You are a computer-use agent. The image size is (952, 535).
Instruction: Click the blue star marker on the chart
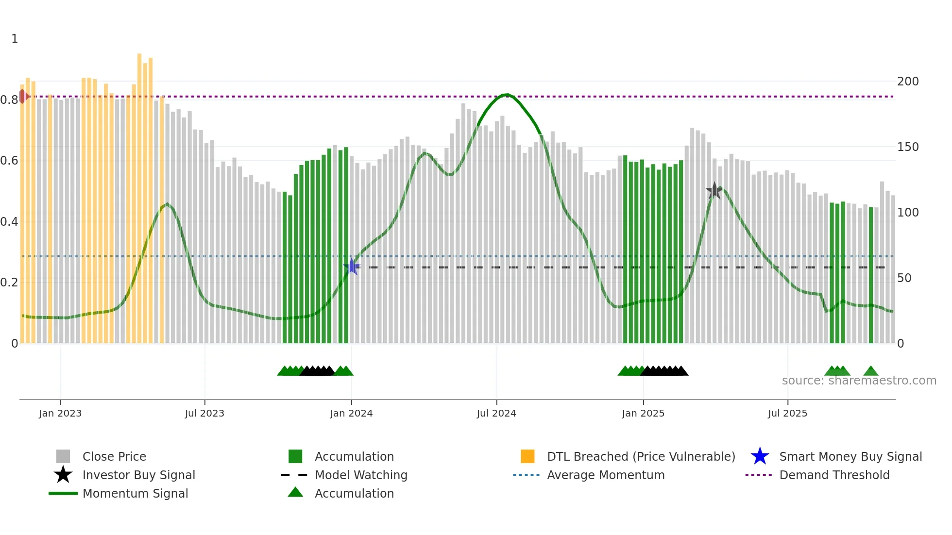click(352, 267)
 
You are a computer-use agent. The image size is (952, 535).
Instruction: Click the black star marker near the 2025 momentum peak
click(714, 191)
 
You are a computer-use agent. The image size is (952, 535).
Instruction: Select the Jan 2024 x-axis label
click(351, 413)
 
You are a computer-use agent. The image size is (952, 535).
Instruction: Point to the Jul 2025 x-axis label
click(787, 413)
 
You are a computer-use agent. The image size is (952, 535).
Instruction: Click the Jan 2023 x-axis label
click(60, 413)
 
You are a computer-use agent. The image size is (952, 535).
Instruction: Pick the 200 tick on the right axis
click(907, 81)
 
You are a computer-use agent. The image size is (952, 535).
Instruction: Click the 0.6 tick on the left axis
click(10, 161)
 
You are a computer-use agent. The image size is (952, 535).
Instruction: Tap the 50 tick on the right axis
click(904, 278)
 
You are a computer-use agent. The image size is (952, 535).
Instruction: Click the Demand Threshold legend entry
click(834, 475)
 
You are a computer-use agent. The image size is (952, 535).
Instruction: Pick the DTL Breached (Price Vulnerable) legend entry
click(641, 456)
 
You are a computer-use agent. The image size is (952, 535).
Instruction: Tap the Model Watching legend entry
click(361, 475)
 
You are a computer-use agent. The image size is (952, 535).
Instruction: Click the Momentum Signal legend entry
click(135, 493)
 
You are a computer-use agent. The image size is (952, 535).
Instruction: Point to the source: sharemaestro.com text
click(859, 381)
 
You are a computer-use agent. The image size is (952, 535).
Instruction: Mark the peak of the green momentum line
click(507, 95)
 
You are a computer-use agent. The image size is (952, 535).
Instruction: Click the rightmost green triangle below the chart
click(870, 371)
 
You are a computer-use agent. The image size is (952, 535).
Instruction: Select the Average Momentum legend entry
click(605, 475)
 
